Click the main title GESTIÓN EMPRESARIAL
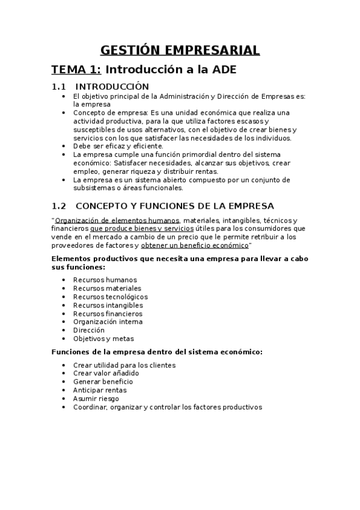pyautogui.click(x=180, y=50)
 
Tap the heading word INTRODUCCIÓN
pyautogui.click(x=112, y=87)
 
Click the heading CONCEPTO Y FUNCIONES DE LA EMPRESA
pyautogui.click(x=174, y=206)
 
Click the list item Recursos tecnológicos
pyautogui.click(x=110, y=296)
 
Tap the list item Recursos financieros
pyautogui.click(x=108, y=313)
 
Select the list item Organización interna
pyautogui.click(x=108, y=322)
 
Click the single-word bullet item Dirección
pyautogui.click(x=88, y=330)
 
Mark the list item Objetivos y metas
pyautogui.click(x=103, y=339)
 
